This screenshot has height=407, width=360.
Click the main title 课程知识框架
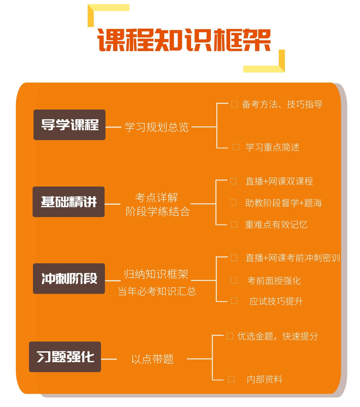click(184, 40)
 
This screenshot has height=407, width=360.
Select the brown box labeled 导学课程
click(70, 125)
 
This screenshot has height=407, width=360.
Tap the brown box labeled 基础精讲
click(69, 202)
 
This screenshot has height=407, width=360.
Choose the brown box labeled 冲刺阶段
click(69, 278)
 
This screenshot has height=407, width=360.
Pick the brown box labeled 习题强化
click(65, 357)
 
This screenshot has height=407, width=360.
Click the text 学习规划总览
click(157, 127)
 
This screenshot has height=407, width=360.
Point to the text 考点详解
click(156, 198)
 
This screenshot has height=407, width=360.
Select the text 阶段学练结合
click(158, 211)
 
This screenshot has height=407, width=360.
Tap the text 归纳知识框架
click(156, 274)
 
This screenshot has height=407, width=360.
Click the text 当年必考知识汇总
click(157, 291)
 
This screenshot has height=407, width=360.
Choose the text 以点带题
click(152, 359)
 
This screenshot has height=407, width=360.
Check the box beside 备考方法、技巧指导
click(234, 104)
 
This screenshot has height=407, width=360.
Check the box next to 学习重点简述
click(236, 147)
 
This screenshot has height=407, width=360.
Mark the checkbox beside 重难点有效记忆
click(234, 224)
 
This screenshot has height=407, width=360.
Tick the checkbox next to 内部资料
click(231, 379)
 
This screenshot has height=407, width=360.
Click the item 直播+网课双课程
click(279, 181)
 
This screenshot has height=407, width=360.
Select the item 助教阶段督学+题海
click(284, 203)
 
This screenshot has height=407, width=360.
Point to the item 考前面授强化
click(274, 280)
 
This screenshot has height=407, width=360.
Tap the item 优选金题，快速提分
click(278, 337)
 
